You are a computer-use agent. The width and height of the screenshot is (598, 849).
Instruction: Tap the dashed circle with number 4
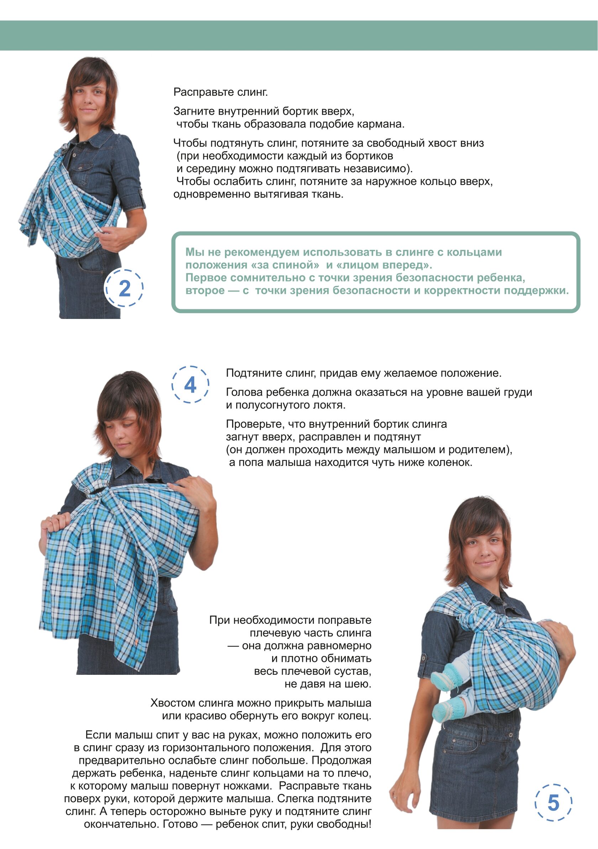coord(172,384)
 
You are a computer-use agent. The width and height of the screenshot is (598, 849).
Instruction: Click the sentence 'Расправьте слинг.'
coord(220,92)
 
